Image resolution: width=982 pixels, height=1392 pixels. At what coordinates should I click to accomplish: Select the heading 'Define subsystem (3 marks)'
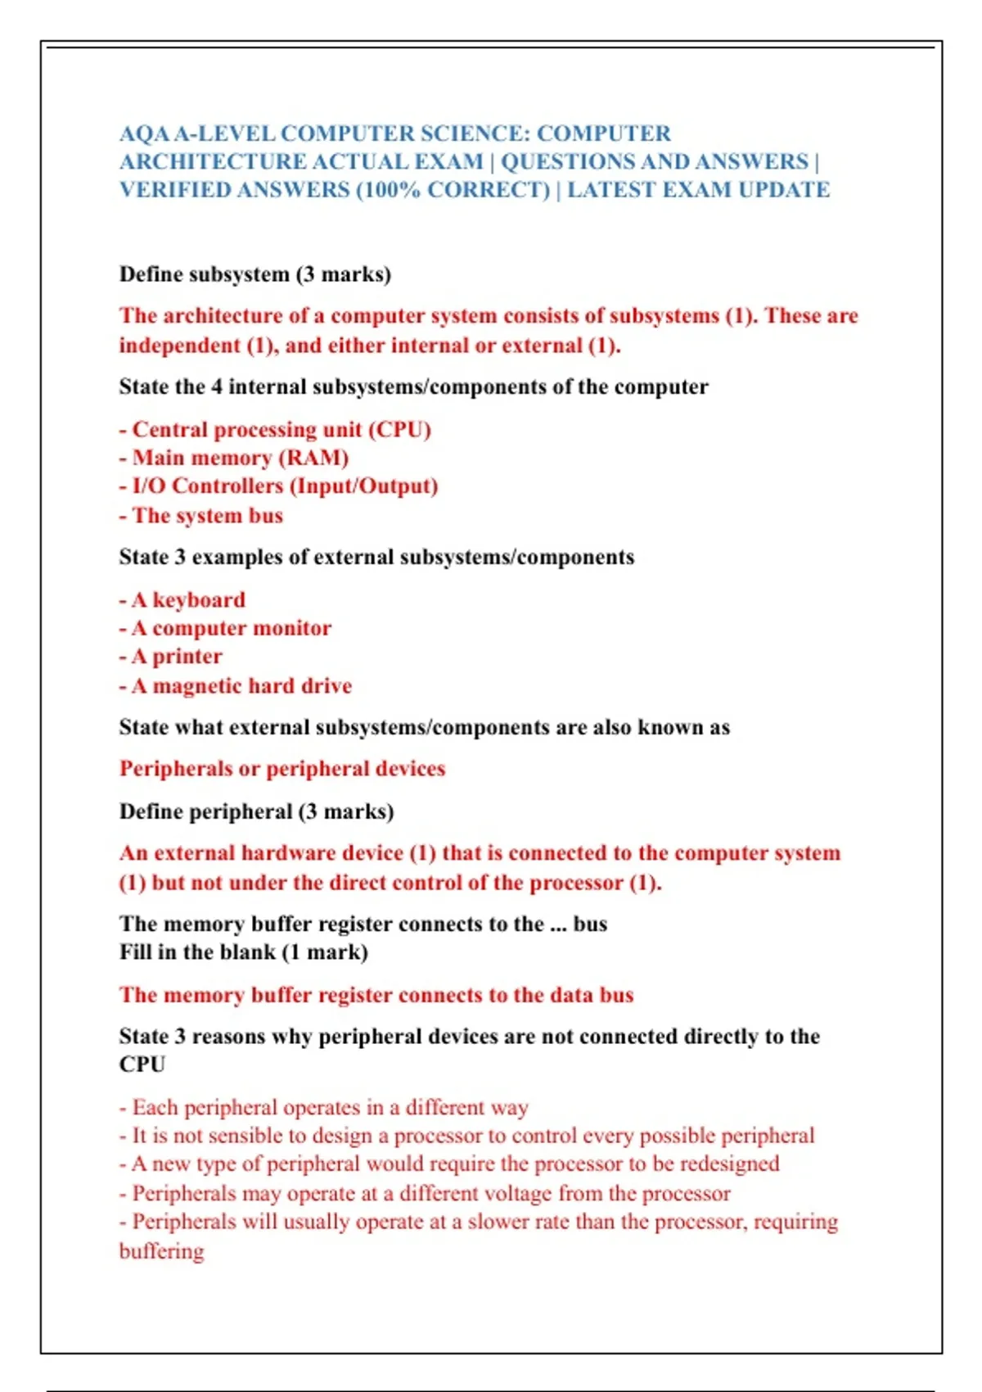click(x=255, y=274)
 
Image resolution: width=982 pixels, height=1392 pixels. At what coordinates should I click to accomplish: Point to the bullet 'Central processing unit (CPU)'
click(x=281, y=430)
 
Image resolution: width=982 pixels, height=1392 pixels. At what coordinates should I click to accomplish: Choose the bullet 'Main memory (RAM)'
click(x=240, y=458)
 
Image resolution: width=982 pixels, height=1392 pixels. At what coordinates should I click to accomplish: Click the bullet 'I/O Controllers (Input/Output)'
click(x=285, y=486)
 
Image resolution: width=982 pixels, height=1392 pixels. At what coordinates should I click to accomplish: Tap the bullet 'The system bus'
click(x=207, y=516)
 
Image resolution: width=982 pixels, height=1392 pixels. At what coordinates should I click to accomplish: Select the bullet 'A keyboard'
click(x=188, y=600)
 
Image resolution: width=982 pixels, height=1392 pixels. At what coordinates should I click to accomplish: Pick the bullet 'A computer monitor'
click(x=232, y=628)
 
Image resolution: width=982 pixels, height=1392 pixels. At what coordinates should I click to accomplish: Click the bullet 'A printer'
click(x=177, y=657)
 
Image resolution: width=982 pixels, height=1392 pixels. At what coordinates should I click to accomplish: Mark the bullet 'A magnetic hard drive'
click(x=241, y=686)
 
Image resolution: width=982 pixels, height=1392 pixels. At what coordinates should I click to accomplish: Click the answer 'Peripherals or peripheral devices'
click(x=282, y=769)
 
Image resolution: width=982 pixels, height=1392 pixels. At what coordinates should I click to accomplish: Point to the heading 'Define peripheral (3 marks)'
click(x=257, y=811)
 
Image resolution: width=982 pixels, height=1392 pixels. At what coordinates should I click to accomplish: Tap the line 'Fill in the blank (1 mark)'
click(x=244, y=952)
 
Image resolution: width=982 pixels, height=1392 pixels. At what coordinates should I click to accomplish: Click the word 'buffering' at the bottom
click(x=162, y=1251)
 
